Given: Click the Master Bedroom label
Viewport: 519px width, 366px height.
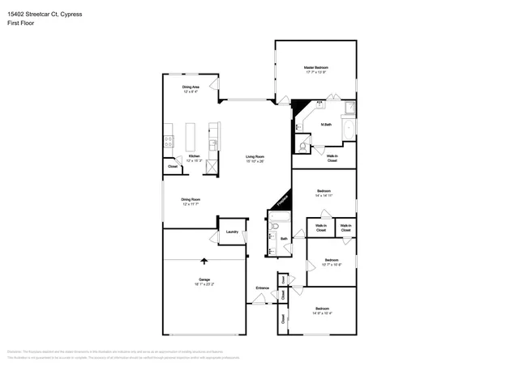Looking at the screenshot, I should tap(316, 67).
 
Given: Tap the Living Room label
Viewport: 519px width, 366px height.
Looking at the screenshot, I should tap(255, 155).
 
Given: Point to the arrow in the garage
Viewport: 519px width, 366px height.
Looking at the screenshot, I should tap(204, 261).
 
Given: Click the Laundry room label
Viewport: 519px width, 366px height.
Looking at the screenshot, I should tap(232, 232).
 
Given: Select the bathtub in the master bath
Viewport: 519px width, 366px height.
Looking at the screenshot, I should tap(350, 130).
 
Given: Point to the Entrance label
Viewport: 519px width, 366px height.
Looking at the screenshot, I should tap(262, 288).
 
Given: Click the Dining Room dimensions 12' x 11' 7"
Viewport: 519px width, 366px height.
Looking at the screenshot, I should tap(191, 203).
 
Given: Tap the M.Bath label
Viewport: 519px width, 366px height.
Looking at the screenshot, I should tap(327, 124).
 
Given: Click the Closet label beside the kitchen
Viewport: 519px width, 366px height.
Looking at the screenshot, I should tap(173, 167).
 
